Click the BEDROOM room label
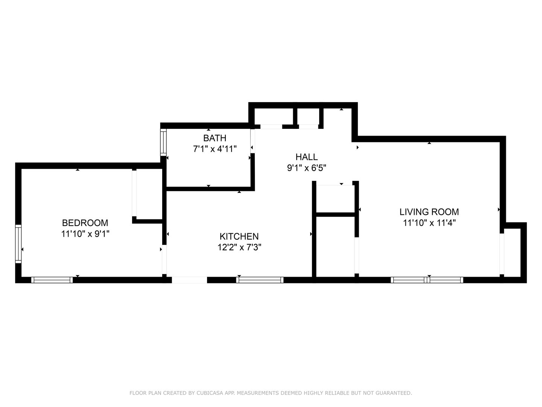pyautogui.click(x=85, y=223)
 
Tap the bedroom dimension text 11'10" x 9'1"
pyautogui.click(x=85, y=234)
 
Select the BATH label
pyautogui.click(x=215, y=138)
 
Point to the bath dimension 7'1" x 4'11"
pyautogui.click(x=215, y=149)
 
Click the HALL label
pyautogui.click(x=306, y=157)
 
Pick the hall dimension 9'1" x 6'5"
pyautogui.click(x=306, y=168)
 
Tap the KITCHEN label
pyautogui.click(x=239, y=237)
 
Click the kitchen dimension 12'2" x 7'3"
pyautogui.click(x=239, y=247)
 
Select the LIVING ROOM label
pyautogui.click(x=429, y=212)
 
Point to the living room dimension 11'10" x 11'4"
pyautogui.click(x=429, y=223)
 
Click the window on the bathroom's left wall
pyautogui.click(x=163, y=142)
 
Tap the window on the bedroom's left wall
pyautogui.click(x=18, y=244)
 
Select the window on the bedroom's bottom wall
pyautogui.click(x=52, y=280)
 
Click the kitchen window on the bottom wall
pyautogui.click(x=260, y=280)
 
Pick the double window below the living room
pyautogui.click(x=427, y=280)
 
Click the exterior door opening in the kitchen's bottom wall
pyautogui.click(x=189, y=280)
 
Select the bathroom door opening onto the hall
pyautogui.click(x=253, y=141)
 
